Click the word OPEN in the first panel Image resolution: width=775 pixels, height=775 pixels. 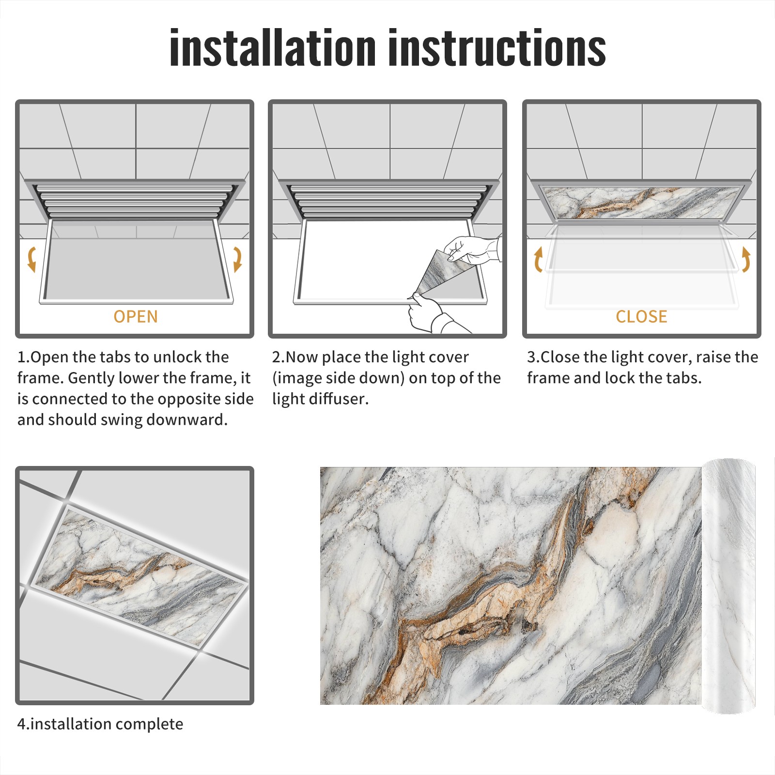(x=136, y=317)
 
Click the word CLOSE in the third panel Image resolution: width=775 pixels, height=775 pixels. (x=641, y=317)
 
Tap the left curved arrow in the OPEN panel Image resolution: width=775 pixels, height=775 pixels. (x=31, y=259)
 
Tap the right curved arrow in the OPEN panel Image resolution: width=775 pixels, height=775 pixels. (x=237, y=259)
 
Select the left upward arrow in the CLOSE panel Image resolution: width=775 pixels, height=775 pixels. (x=538, y=259)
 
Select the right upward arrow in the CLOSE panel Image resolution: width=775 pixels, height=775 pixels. (x=746, y=259)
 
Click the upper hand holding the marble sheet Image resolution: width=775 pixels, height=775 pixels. (x=472, y=249)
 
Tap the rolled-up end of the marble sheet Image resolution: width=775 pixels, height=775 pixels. (x=728, y=586)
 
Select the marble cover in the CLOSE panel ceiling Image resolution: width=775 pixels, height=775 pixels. (x=641, y=202)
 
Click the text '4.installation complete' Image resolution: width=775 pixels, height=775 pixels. (x=100, y=724)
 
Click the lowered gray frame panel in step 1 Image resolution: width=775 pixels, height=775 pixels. (x=137, y=262)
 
